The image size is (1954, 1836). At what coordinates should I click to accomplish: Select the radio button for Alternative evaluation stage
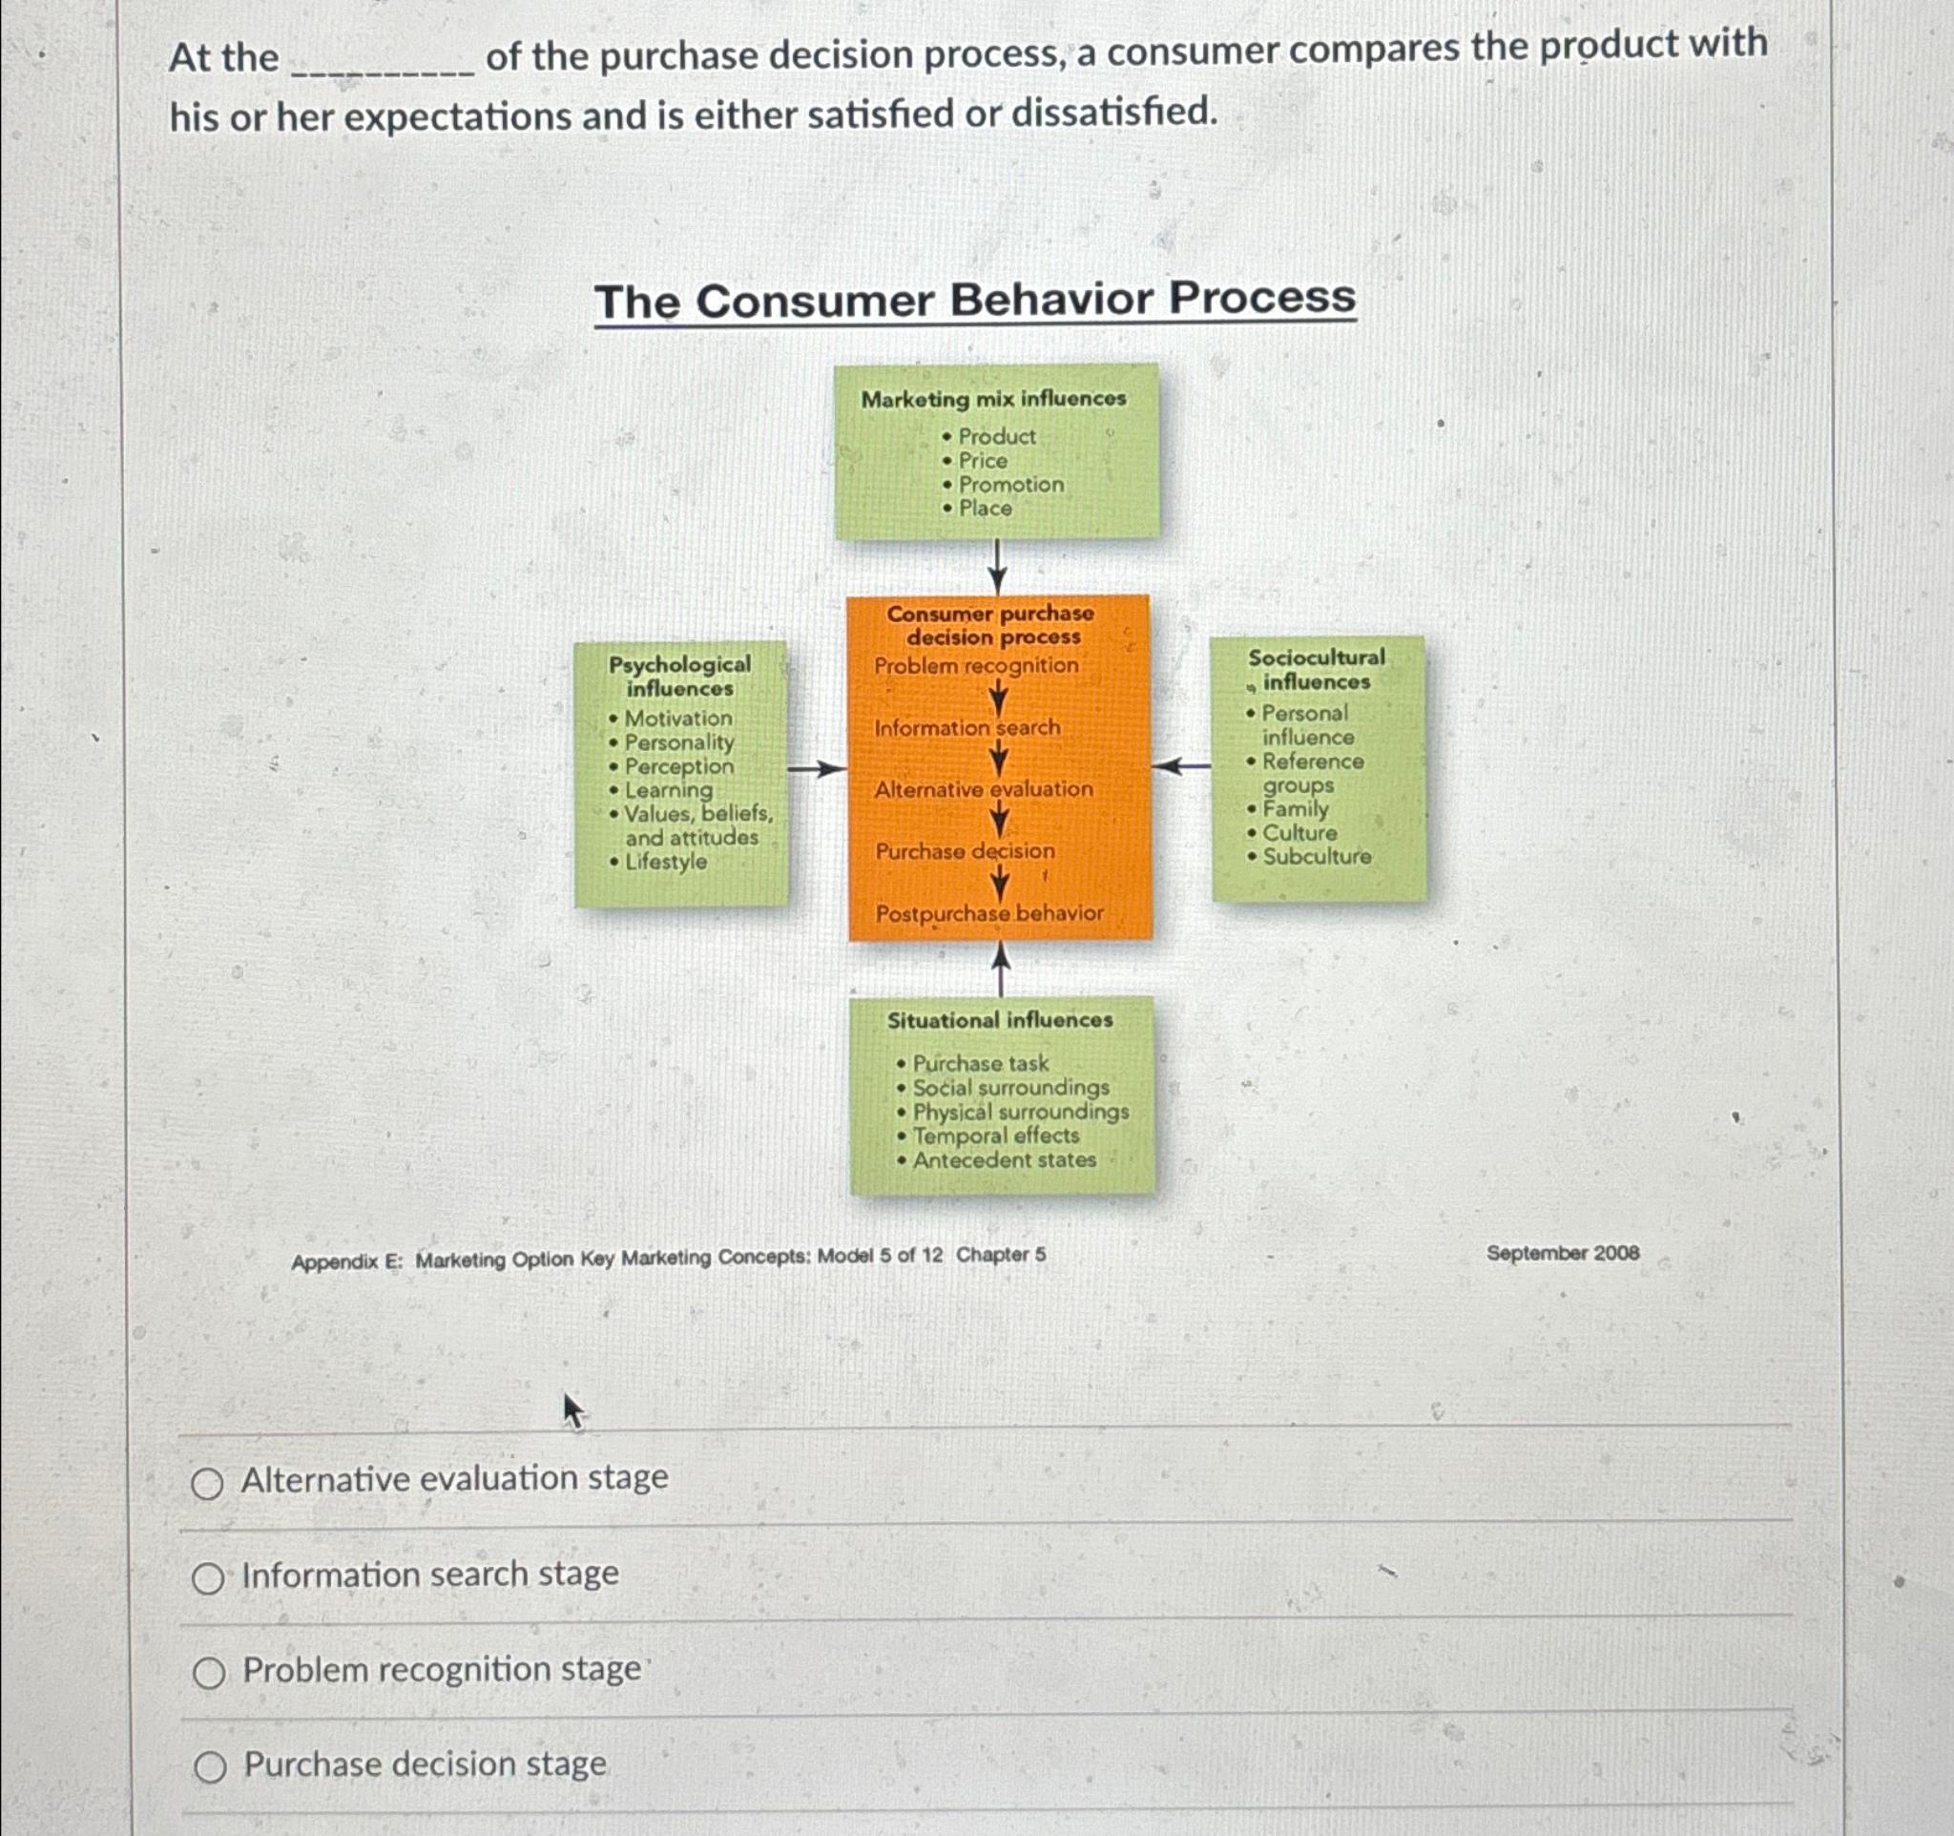(207, 1483)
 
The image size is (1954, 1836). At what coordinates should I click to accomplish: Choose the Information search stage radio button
(207, 1578)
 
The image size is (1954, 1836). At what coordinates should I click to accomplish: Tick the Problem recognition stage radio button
(208, 1673)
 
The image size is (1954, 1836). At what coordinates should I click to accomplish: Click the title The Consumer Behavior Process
(974, 300)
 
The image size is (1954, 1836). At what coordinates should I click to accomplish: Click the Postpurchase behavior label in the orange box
(988, 913)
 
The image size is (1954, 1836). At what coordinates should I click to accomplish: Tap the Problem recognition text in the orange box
(976, 665)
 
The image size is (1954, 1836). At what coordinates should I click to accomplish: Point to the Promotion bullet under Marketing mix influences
(1010, 485)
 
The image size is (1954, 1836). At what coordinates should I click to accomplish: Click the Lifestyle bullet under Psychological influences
(665, 862)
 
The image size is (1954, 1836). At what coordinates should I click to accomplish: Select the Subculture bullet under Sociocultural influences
(1316, 856)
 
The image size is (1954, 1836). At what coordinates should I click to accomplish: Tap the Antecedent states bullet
(1004, 1159)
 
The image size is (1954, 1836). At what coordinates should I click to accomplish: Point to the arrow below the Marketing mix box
(998, 566)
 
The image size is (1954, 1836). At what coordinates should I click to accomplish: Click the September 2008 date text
(1562, 1253)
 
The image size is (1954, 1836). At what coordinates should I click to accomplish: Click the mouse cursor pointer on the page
(573, 1410)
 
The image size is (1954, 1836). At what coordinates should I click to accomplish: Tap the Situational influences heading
(1000, 1020)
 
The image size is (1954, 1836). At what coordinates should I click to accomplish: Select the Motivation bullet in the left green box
(678, 719)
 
